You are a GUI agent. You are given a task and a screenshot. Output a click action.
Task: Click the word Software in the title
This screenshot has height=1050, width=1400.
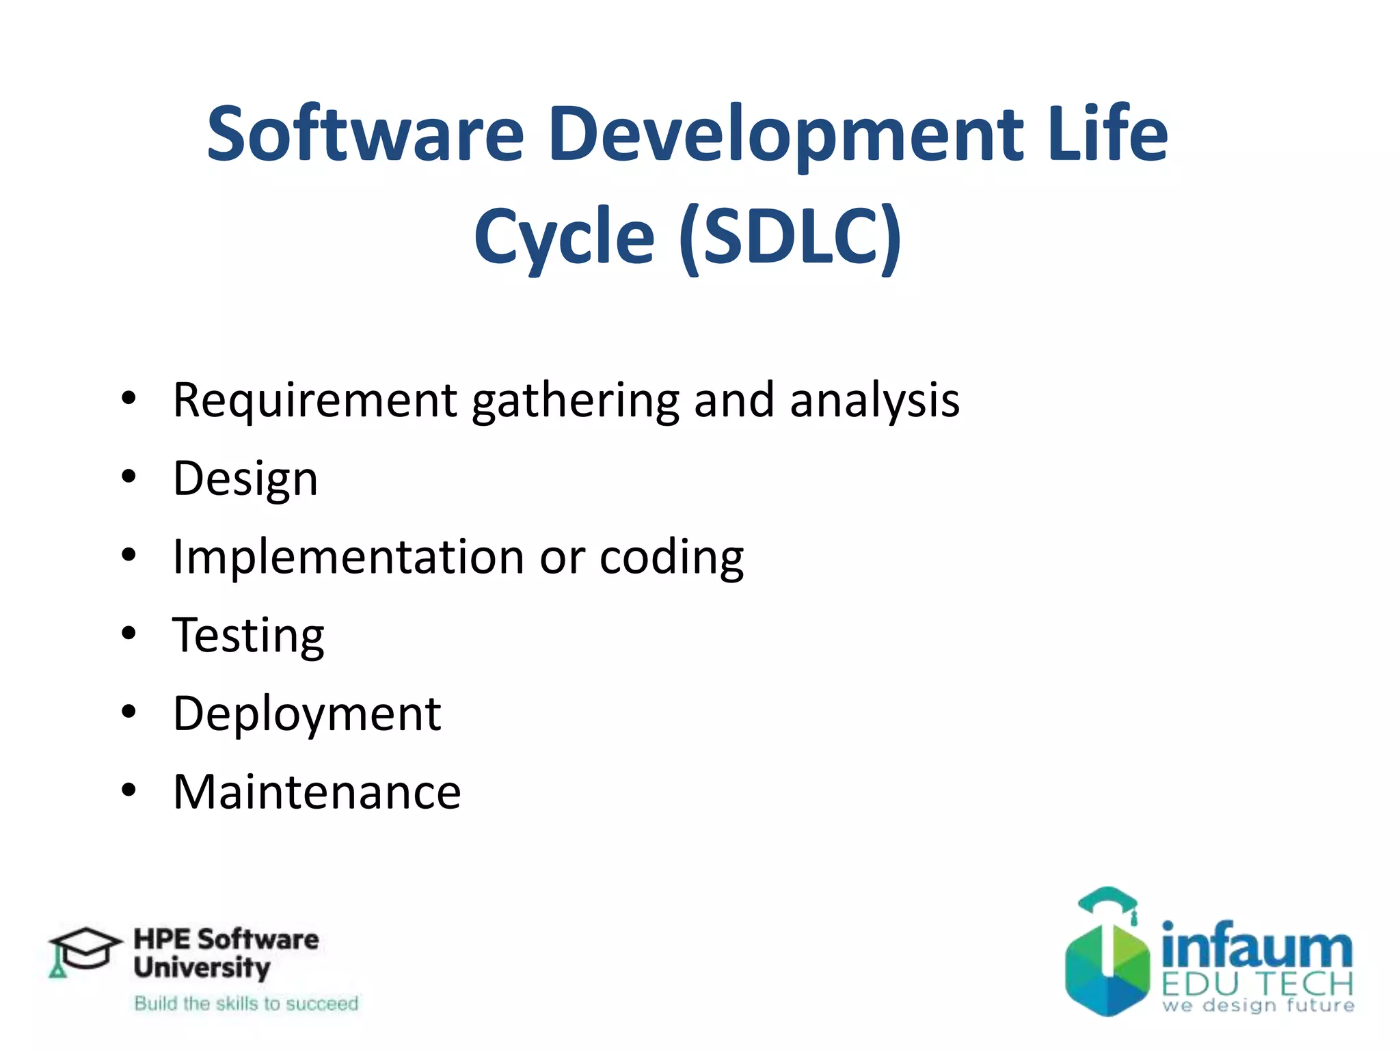pos(366,134)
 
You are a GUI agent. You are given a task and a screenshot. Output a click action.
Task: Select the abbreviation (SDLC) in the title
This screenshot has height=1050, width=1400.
pos(790,237)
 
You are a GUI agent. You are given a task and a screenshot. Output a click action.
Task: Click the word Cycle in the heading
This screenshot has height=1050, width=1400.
pos(564,237)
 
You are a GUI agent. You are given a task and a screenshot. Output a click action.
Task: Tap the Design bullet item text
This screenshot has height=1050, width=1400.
pos(245,479)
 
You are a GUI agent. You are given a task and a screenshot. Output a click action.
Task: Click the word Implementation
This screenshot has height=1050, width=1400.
pos(349,556)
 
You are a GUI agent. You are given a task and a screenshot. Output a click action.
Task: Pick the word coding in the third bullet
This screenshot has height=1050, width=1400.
pos(671,558)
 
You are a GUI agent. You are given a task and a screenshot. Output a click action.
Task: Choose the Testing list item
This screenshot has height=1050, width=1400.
pos(248,636)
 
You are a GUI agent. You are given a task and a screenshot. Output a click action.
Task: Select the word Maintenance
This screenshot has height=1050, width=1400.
pos(317,792)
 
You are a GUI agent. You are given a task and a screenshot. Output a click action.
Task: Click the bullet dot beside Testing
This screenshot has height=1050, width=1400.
pos(129,634)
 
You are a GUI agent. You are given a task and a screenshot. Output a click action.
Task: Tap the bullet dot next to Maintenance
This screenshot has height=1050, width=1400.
pos(129,790)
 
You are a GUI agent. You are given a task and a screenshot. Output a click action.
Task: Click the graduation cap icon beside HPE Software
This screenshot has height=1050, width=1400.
pos(82,951)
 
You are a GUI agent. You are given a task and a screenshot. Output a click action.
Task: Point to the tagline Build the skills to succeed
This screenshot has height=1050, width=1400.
pos(246,1004)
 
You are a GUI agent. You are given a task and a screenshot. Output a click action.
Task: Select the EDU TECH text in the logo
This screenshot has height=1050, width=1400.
pos(1257,984)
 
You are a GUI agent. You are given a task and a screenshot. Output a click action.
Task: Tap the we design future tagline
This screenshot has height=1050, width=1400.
pos(1258,1006)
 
